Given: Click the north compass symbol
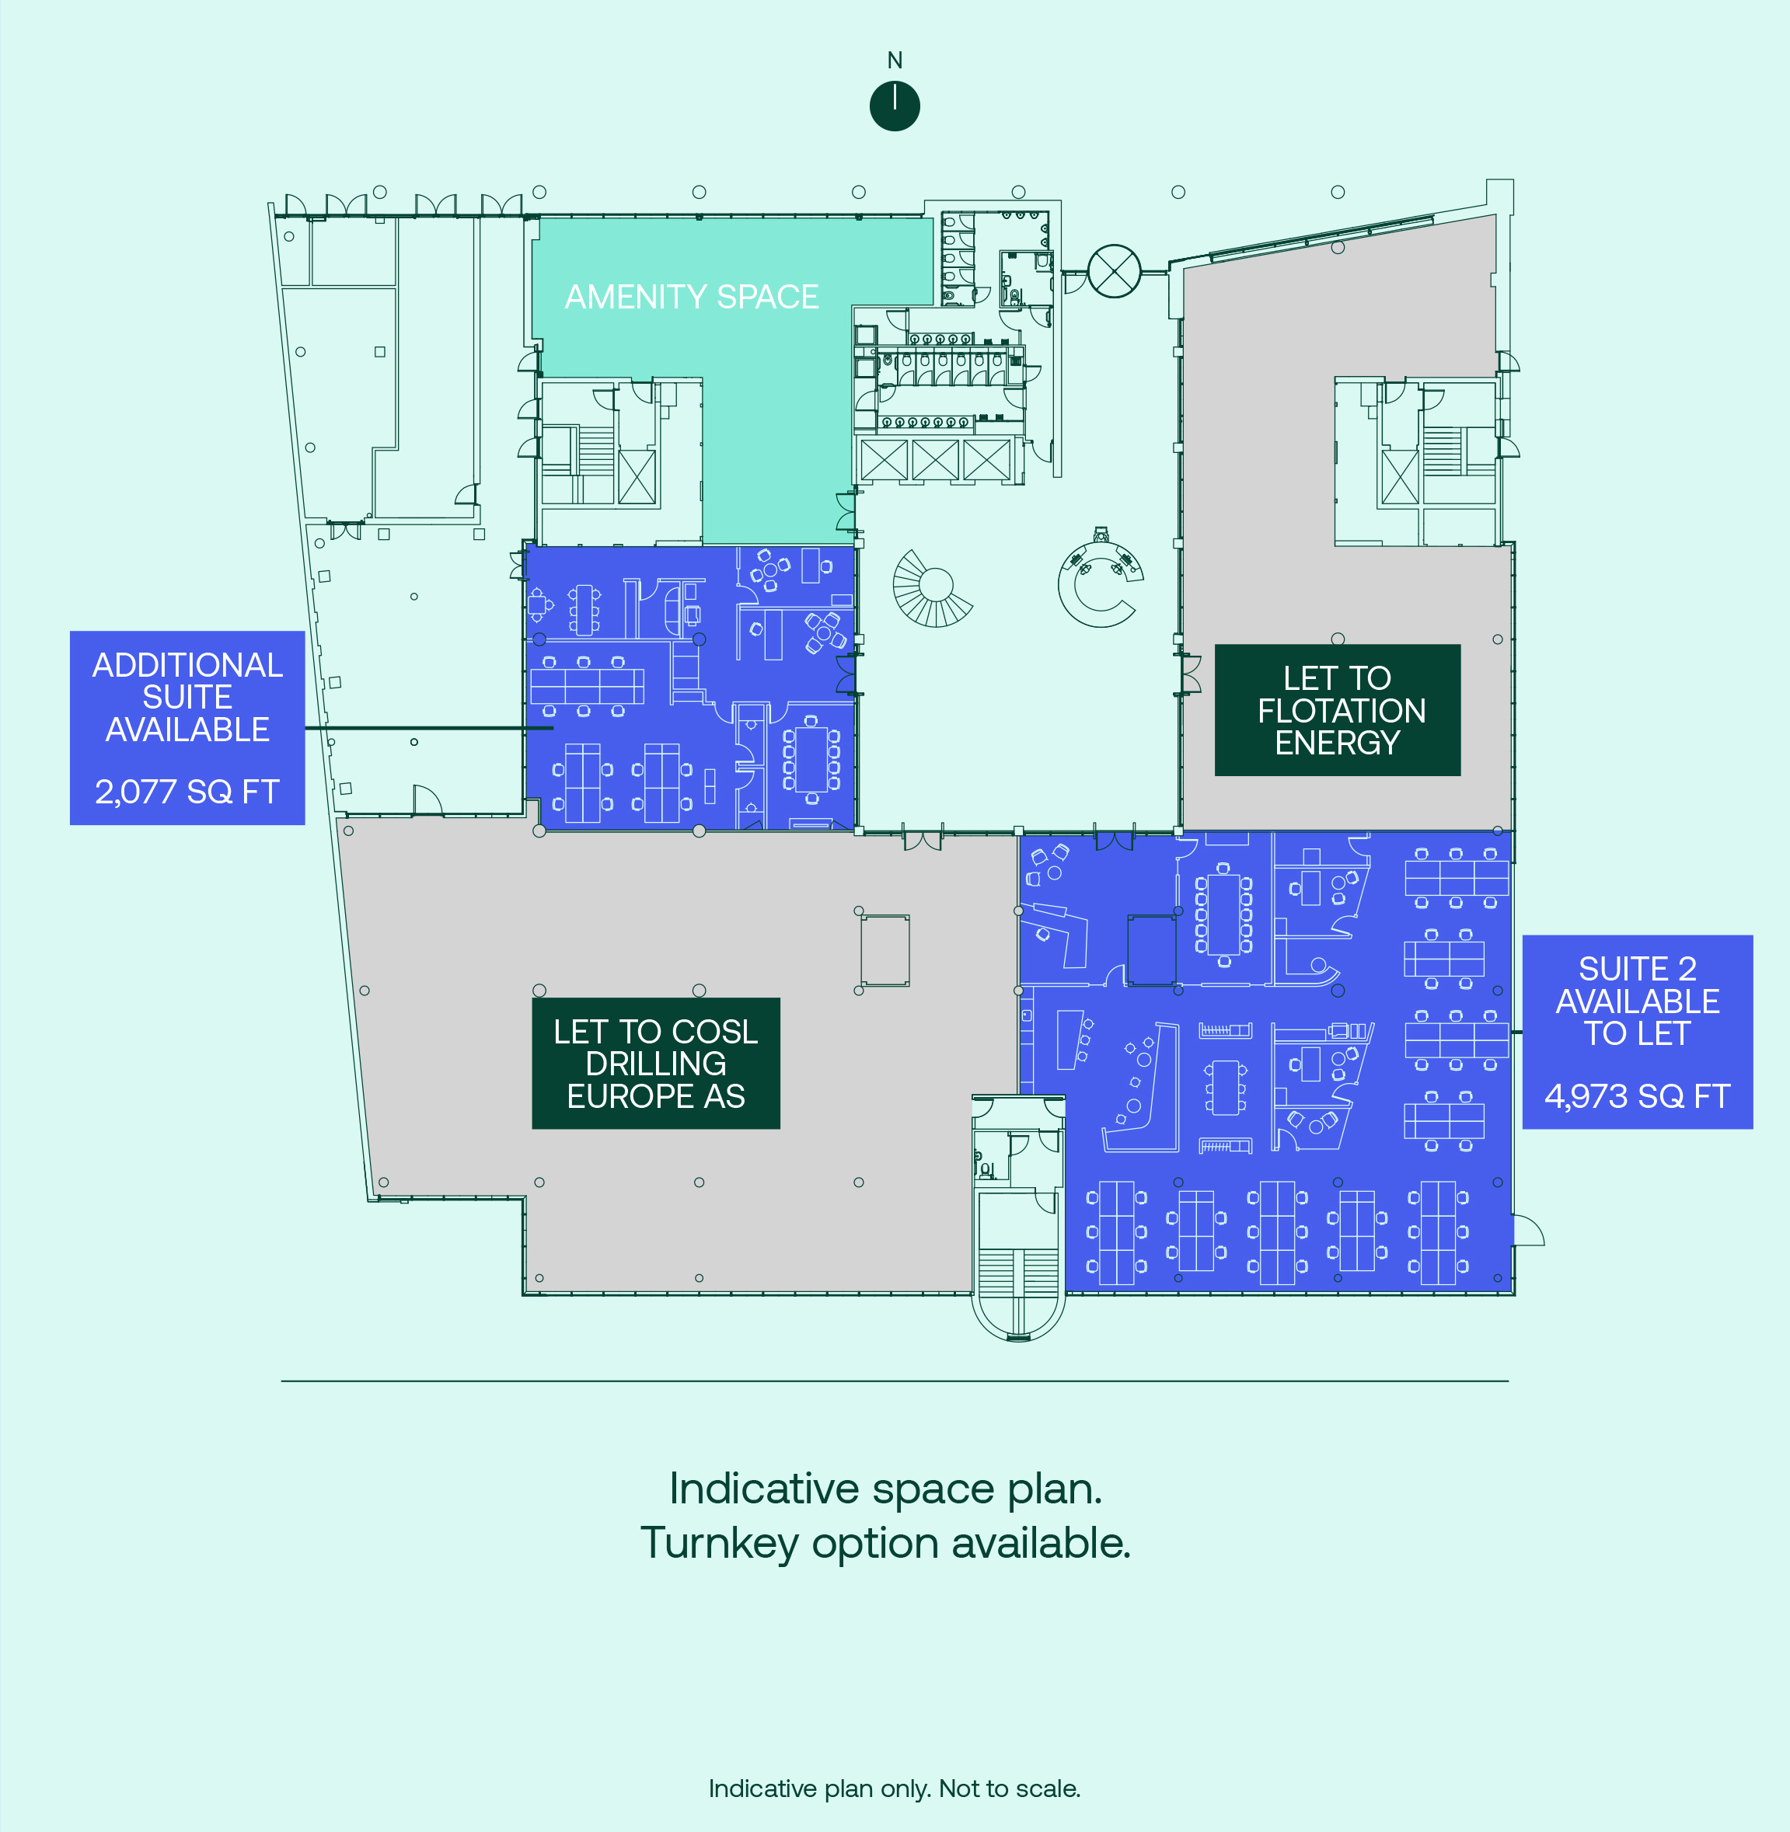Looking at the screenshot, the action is [x=894, y=106].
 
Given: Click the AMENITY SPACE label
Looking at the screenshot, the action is [x=691, y=297].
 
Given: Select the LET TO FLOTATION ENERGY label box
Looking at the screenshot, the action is [x=1337, y=709].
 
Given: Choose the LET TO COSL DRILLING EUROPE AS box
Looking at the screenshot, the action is [x=655, y=1063].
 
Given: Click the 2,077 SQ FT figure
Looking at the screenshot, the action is [x=187, y=792].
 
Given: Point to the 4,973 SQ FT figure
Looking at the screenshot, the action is [x=1637, y=1096].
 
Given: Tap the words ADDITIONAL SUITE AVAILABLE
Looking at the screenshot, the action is [x=187, y=696].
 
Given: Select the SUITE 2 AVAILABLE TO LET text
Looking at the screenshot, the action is [x=1637, y=1001].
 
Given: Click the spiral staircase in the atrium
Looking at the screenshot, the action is [x=933, y=588].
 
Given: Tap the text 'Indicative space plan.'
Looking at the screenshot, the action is [x=885, y=1489].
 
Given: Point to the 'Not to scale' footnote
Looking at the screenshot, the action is [x=1009, y=1788].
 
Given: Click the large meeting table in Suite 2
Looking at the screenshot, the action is [x=1223, y=914].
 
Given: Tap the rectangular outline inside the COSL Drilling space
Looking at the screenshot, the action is [x=885, y=950].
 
